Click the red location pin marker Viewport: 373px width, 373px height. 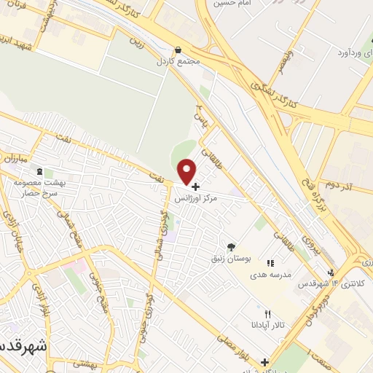[188, 171]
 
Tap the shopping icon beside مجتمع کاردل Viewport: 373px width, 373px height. [178, 50]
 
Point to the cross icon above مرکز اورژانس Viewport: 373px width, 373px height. [195, 186]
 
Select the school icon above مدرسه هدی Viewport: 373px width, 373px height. [270, 263]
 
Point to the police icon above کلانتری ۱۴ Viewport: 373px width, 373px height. [331, 272]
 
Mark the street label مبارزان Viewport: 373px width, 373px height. [13, 158]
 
